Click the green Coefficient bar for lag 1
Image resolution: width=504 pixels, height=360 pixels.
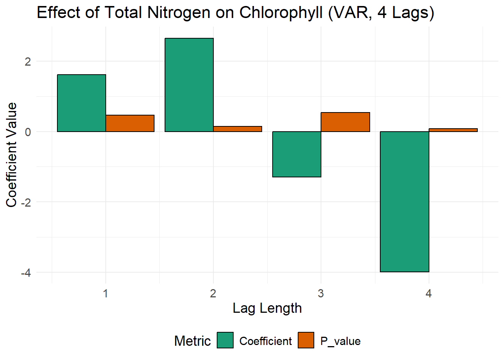tap(81, 103)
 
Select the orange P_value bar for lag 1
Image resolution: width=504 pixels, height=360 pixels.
tap(130, 123)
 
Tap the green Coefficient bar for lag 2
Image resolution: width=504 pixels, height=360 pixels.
tap(189, 85)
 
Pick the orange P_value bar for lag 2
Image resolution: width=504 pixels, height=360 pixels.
tap(237, 129)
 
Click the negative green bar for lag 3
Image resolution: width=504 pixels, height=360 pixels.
tap(297, 154)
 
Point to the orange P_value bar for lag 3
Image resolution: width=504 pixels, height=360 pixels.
tap(345, 122)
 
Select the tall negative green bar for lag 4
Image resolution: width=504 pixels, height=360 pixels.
tap(404, 202)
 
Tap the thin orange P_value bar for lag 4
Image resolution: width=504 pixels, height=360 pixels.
tap(453, 130)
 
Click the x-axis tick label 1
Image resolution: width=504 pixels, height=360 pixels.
tap(105, 293)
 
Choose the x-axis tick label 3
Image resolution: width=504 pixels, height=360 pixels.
tap(321, 293)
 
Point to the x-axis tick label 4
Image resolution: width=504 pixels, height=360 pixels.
tap(429, 293)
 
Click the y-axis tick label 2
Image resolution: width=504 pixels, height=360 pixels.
tap(28, 61)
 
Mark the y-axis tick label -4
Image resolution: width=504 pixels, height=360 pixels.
tap(26, 273)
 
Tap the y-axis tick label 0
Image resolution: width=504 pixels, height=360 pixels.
tap(28, 132)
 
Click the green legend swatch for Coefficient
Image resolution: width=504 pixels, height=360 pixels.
tap(225, 340)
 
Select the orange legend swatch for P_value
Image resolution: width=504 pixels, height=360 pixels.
tap(306, 340)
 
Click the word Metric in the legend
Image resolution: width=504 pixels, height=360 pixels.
tap(192, 341)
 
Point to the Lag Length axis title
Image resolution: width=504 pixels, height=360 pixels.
tap(267, 308)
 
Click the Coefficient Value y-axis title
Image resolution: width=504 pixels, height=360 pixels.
tap(12, 154)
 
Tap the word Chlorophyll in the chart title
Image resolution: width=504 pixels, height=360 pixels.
tap(281, 13)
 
